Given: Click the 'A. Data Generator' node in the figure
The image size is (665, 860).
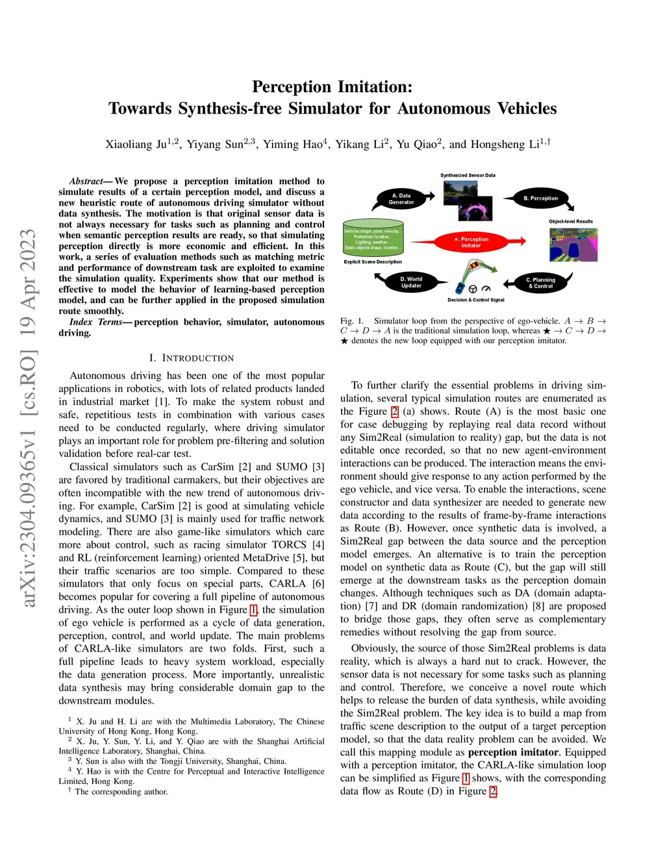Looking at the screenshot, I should coord(401,199).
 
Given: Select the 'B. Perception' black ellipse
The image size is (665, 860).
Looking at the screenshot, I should coord(540,198).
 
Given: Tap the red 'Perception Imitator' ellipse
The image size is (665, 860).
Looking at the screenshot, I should coord(471,243).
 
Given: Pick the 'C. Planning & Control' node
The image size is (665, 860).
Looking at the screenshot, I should coord(540,283).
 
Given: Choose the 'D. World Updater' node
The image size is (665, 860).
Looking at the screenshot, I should coord(411,283).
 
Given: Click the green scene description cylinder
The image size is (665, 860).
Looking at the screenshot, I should coord(373,240).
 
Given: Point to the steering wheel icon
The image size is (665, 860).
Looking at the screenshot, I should coord(473,289).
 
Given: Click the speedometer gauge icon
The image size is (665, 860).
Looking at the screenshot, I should coord(486,289).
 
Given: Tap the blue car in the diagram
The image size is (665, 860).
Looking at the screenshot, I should coord(460,287).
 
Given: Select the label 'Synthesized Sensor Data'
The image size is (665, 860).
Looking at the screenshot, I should coord(468,175).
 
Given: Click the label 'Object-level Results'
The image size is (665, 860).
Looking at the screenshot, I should coord(570,221).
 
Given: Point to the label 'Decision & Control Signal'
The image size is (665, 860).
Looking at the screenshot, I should coord(475,300).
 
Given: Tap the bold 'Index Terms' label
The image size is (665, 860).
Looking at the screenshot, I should coord(95,322).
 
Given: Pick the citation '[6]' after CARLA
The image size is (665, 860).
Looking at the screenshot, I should coord(318,584).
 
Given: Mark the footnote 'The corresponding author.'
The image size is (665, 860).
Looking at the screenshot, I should coord(121,792).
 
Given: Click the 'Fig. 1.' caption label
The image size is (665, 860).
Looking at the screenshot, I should coord(352,321).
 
